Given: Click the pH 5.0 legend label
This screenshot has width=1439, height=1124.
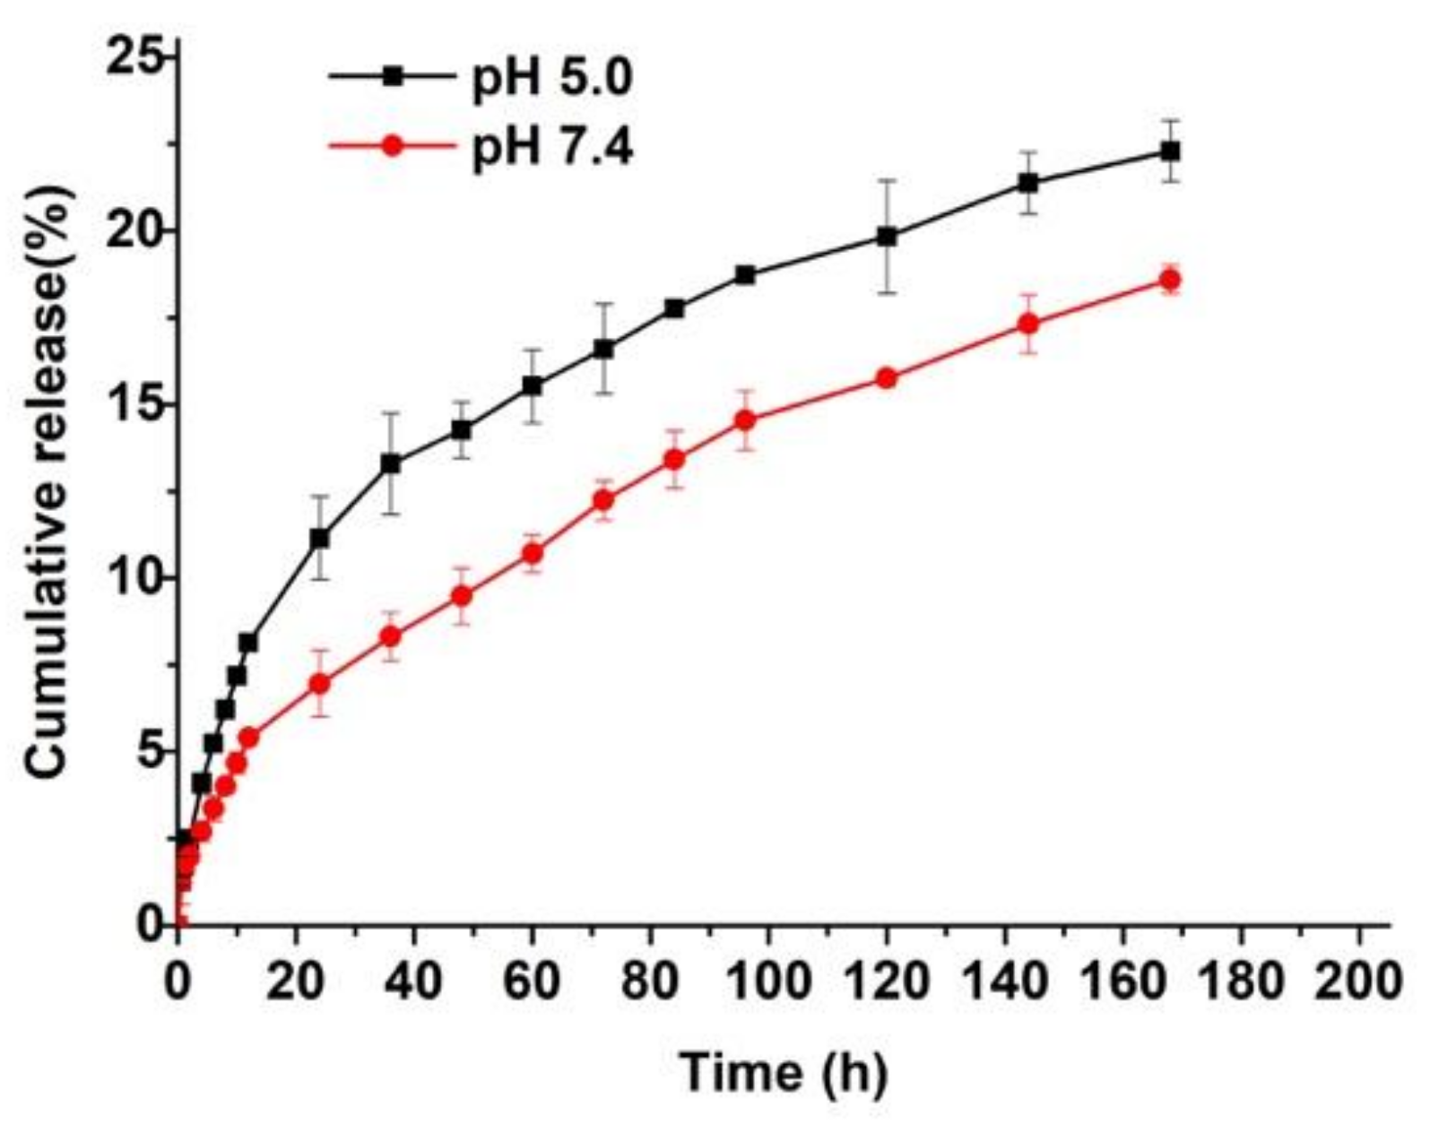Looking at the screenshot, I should click(x=552, y=79).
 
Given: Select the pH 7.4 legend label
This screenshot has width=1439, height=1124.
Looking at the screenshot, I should click(x=552, y=148).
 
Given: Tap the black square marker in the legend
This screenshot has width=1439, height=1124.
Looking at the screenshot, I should click(x=392, y=78).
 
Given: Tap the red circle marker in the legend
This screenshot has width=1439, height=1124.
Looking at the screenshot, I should click(x=392, y=146).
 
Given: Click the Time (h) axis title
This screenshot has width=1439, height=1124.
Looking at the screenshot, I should click(x=783, y=1072).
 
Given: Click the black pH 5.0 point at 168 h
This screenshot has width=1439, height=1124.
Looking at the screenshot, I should click(x=1170, y=151).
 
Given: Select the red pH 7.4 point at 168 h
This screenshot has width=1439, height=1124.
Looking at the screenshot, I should click(x=1170, y=281).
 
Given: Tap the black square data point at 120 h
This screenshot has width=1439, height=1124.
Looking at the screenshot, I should click(x=888, y=237).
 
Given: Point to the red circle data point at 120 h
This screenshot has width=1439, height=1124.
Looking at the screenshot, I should click(x=888, y=378).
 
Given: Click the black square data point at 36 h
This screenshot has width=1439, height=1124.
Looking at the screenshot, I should click(x=391, y=463).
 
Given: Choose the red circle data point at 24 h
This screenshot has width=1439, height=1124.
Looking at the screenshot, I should click(x=320, y=683).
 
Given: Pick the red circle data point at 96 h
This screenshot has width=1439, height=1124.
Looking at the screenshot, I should click(x=745, y=419).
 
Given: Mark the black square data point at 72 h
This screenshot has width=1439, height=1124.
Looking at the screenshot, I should click(x=604, y=349).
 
